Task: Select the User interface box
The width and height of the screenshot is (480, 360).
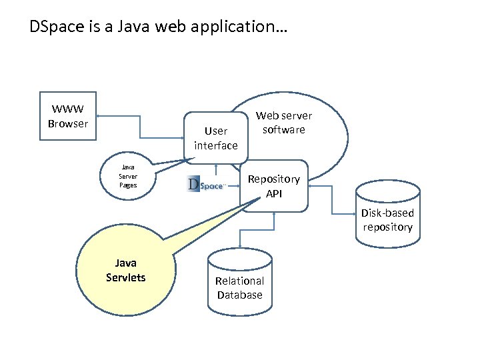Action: click(x=215, y=138)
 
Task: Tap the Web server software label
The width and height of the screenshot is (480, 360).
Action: click(x=283, y=123)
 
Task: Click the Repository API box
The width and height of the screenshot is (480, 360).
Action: click(x=274, y=186)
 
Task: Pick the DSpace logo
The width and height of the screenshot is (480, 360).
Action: click(x=207, y=184)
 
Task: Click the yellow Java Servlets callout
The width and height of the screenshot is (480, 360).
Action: click(x=125, y=271)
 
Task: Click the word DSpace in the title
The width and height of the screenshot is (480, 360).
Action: click(x=51, y=27)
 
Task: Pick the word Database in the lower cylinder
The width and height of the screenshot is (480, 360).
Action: click(x=239, y=295)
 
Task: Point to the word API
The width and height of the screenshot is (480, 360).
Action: click(x=274, y=193)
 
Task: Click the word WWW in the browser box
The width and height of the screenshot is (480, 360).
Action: click(x=68, y=110)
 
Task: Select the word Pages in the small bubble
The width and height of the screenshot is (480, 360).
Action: click(x=128, y=185)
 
